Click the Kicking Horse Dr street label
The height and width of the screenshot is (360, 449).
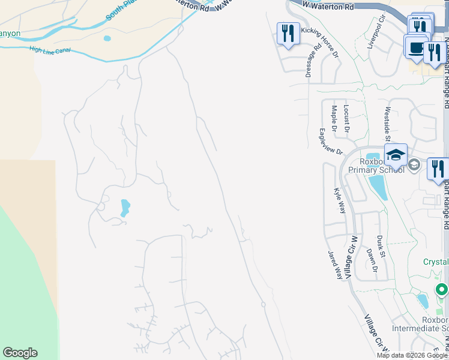pos(319,37)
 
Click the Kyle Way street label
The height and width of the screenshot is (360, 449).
pos(339,200)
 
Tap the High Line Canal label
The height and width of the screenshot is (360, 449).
pos(50,50)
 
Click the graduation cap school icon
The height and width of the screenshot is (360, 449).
pos(396,155)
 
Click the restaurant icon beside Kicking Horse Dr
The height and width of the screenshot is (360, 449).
pos(288,33)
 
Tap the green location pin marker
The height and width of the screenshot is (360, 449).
pos(442,290)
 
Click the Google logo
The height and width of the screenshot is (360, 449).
pos(20,353)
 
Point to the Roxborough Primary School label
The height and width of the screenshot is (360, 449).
pos(381,165)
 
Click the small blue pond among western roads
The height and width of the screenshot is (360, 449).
pos(125,208)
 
